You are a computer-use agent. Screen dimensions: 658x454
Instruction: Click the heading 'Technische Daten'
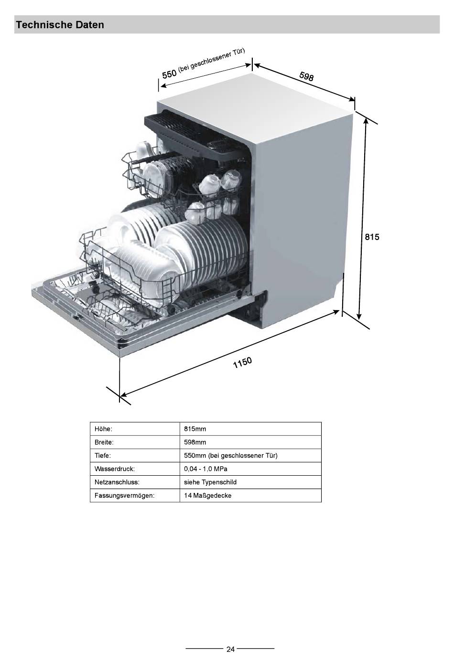(x=60, y=25)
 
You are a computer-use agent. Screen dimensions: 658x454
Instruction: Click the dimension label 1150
(x=242, y=363)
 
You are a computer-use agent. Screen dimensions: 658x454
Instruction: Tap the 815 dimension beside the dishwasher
(x=372, y=237)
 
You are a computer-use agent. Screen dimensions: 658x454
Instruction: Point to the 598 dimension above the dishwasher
(x=306, y=76)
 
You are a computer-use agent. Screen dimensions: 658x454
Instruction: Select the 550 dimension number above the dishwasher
(x=169, y=74)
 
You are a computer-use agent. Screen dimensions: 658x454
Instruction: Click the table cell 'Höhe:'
(x=103, y=429)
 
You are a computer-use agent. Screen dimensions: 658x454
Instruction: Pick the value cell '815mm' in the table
(x=195, y=429)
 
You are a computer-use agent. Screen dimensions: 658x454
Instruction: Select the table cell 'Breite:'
(x=104, y=442)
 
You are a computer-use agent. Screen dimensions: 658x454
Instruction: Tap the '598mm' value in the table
(x=195, y=442)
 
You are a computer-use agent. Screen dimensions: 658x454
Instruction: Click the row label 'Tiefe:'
(x=103, y=456)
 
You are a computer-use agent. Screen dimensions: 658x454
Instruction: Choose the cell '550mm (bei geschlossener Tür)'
(x=230, y=456)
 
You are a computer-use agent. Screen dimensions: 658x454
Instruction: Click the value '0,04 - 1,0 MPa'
(x=205, y=469)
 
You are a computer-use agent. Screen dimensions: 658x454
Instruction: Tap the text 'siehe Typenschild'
(x=210, y=482)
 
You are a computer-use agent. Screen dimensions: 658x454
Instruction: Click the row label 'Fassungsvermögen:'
(x=124, y=496)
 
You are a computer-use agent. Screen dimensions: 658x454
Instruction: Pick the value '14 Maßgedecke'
(x=208, y=496)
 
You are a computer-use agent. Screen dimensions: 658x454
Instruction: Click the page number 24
(x=230, y=649)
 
